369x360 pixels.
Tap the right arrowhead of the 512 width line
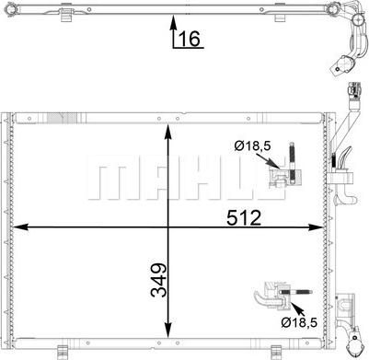(317, 226)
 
